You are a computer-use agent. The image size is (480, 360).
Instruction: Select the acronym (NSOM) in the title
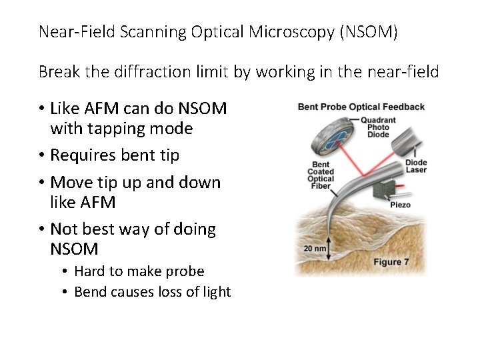(x=369, y=31)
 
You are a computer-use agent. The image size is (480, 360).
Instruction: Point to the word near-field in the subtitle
(x=403, y=72)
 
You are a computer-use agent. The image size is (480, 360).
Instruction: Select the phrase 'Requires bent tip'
(x=115, y=155)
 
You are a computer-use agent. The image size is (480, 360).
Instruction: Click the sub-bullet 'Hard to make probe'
(x=139, y=271)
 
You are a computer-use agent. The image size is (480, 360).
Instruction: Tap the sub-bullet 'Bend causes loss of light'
(x=152, y=292)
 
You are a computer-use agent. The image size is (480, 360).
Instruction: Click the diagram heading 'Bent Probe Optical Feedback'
(x=361, y=107)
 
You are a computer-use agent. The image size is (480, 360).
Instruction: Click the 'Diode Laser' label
(x=415, y=166)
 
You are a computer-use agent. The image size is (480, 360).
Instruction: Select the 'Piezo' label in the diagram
(x=401, y=205)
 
